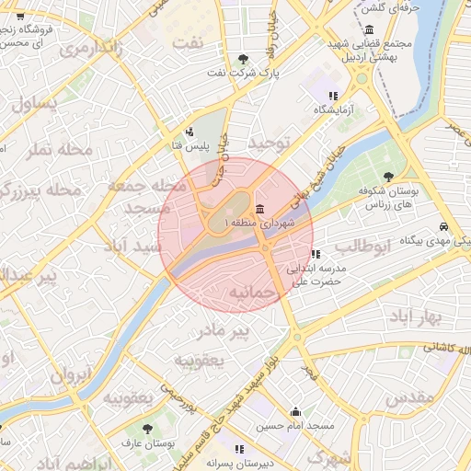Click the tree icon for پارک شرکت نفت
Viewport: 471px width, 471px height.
242,58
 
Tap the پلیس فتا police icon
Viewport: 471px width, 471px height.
190,132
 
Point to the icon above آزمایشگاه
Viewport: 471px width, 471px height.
333,96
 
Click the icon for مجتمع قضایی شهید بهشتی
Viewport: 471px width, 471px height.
368,29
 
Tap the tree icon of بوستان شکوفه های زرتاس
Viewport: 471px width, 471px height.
390,176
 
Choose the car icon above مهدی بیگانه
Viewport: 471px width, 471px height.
444,226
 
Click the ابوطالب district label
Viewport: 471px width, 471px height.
362,246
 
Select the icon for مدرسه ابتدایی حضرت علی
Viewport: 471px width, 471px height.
316,254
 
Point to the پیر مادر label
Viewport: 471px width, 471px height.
225,328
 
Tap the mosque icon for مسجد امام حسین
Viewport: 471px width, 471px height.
295,412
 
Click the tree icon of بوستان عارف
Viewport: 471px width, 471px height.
148,429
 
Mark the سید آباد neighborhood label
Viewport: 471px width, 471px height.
134,247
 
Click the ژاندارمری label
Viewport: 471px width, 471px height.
90,50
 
